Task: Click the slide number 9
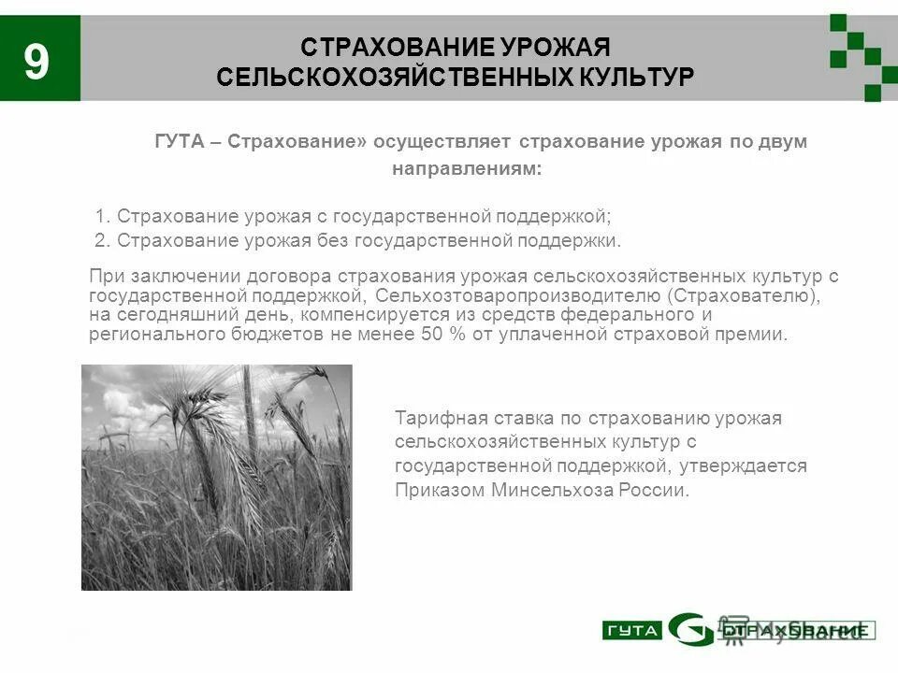[36, 63]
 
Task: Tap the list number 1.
[100, 217]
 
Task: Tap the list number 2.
[101, 241]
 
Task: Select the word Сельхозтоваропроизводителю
[515, 295]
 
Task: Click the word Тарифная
[435, 418]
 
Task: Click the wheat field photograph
[216, 478]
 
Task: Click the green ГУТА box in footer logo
[631, 630]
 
